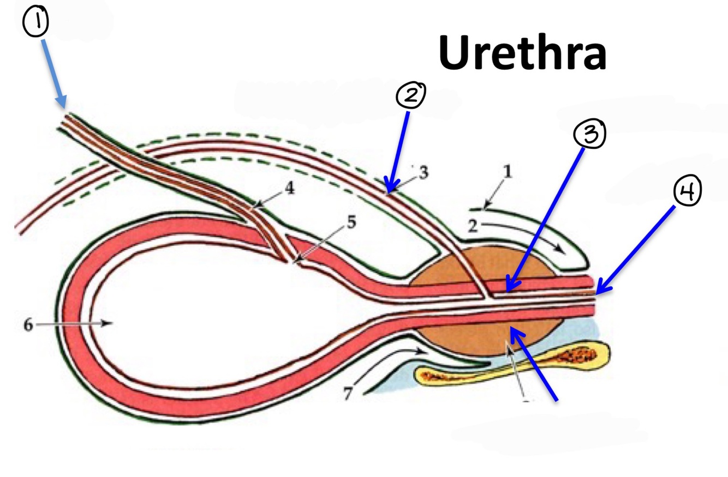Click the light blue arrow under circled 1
(53, 74)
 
